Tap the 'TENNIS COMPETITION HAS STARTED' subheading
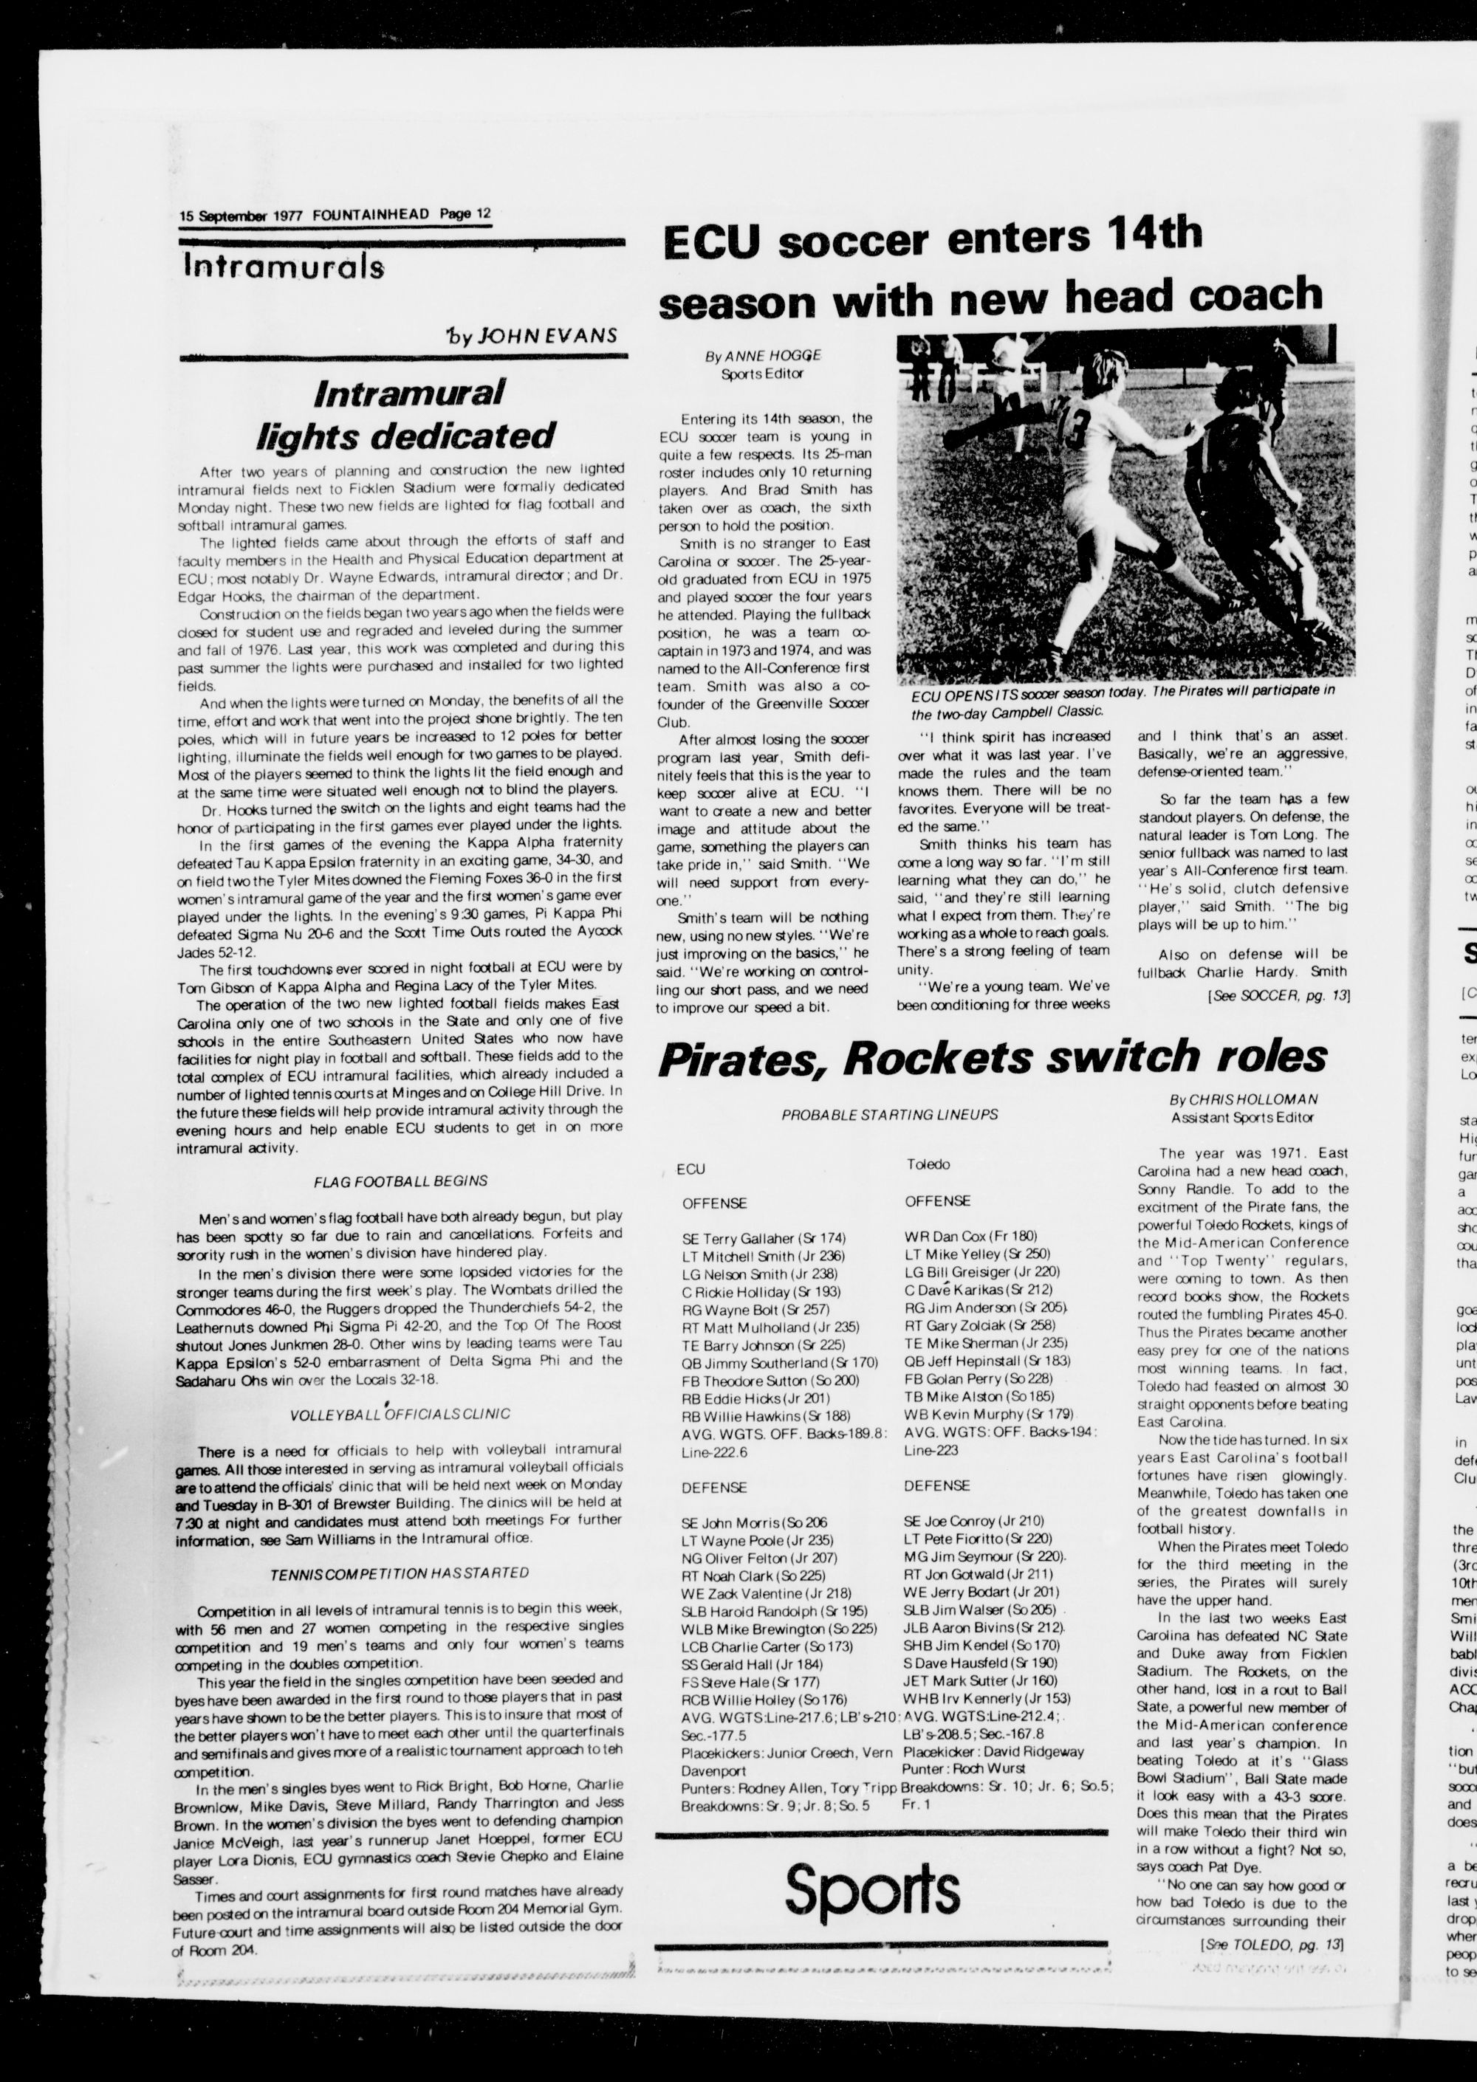[x=400, y=1572]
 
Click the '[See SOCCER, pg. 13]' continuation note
[x=1278, y=995]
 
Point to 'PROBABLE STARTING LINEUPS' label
[x=889, y=1115]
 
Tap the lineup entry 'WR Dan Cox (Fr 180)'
[x=970, y=1236]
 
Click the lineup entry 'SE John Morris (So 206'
[x=754, y=1521]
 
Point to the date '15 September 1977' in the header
[x=243, y=216]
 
